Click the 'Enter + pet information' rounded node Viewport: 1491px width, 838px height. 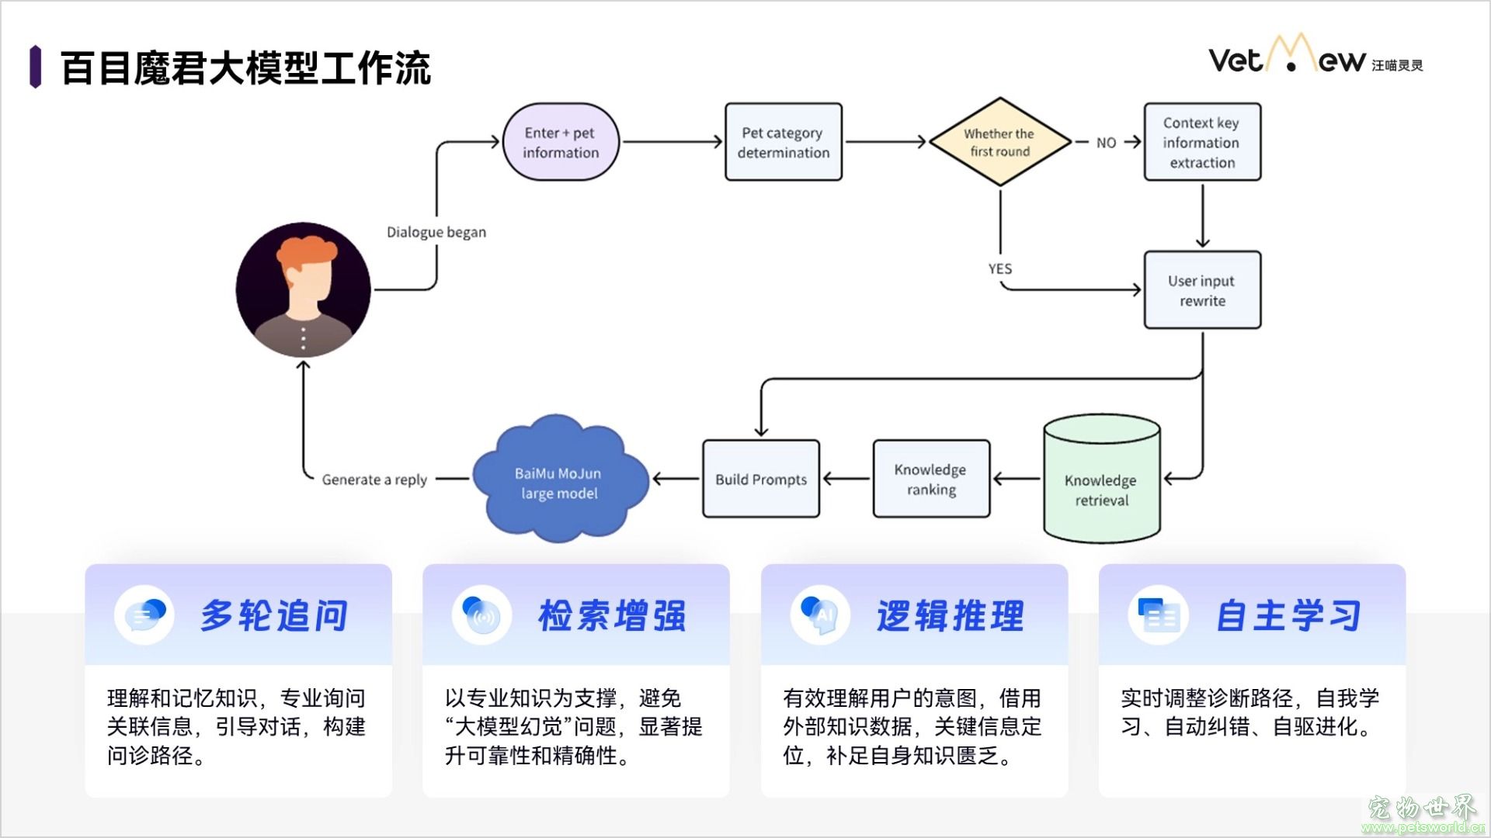(560, 142)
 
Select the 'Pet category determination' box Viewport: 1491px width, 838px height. (783, 142)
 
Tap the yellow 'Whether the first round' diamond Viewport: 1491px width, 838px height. (999, 142)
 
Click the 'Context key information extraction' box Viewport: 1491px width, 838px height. (1201, 142)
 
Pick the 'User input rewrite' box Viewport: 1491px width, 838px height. (1201, 290)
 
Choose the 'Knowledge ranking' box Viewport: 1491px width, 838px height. (930, 479)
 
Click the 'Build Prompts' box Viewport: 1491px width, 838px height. (760, 479)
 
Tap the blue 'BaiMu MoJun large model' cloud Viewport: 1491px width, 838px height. (559, 481)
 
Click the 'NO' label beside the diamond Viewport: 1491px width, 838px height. (1106, 143)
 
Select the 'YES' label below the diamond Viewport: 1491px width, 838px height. (999, 268)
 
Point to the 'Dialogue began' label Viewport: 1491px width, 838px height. (436, 232)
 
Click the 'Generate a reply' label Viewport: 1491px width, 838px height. (374, 480)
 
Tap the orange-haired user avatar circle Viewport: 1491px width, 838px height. (304, 290)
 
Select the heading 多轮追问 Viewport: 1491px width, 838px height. (273, 616)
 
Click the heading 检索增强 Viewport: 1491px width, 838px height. (612, 616)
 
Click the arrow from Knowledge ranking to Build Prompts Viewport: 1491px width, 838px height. (846, 479)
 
